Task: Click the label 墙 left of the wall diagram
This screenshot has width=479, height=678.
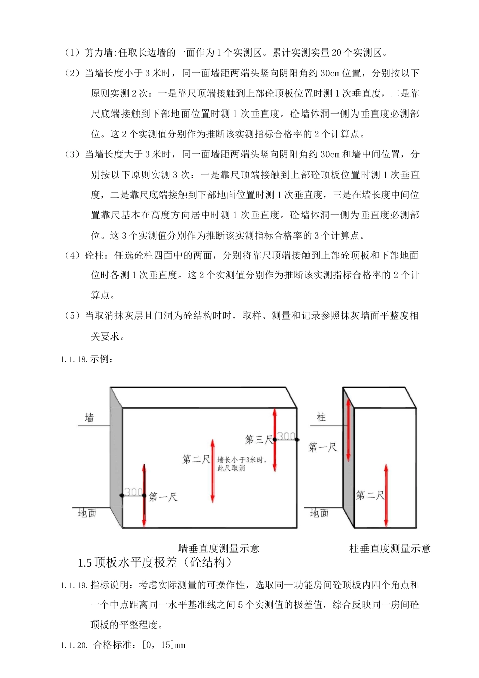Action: tap(89, 418)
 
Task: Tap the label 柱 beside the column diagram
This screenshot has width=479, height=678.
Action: tap(321, 417)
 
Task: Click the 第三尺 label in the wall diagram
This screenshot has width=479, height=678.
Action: tap(258, 440)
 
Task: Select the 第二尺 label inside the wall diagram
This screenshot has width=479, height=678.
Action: tap(196, 459)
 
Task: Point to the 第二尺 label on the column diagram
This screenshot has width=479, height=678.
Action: tap(370, 495)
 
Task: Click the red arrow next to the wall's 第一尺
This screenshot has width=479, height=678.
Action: tap(144, 495)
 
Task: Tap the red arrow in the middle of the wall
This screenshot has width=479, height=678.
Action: tap(213, 471)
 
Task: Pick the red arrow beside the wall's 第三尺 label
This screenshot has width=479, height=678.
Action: tap(275, 439)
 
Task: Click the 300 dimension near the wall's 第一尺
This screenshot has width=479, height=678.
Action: tap(133, 492)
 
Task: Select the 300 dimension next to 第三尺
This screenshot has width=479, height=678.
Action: tap(286, 436)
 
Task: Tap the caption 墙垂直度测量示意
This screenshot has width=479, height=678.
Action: tap(219, 548)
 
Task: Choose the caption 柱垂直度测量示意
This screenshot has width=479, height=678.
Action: tap(390, 548)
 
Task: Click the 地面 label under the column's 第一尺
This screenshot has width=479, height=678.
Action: tap(319, 513)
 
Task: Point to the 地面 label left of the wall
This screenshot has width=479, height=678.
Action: tap(87, 513)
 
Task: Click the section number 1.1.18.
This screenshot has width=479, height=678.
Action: tap(74, 360)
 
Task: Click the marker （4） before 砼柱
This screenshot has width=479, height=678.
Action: tap(72, 256)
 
